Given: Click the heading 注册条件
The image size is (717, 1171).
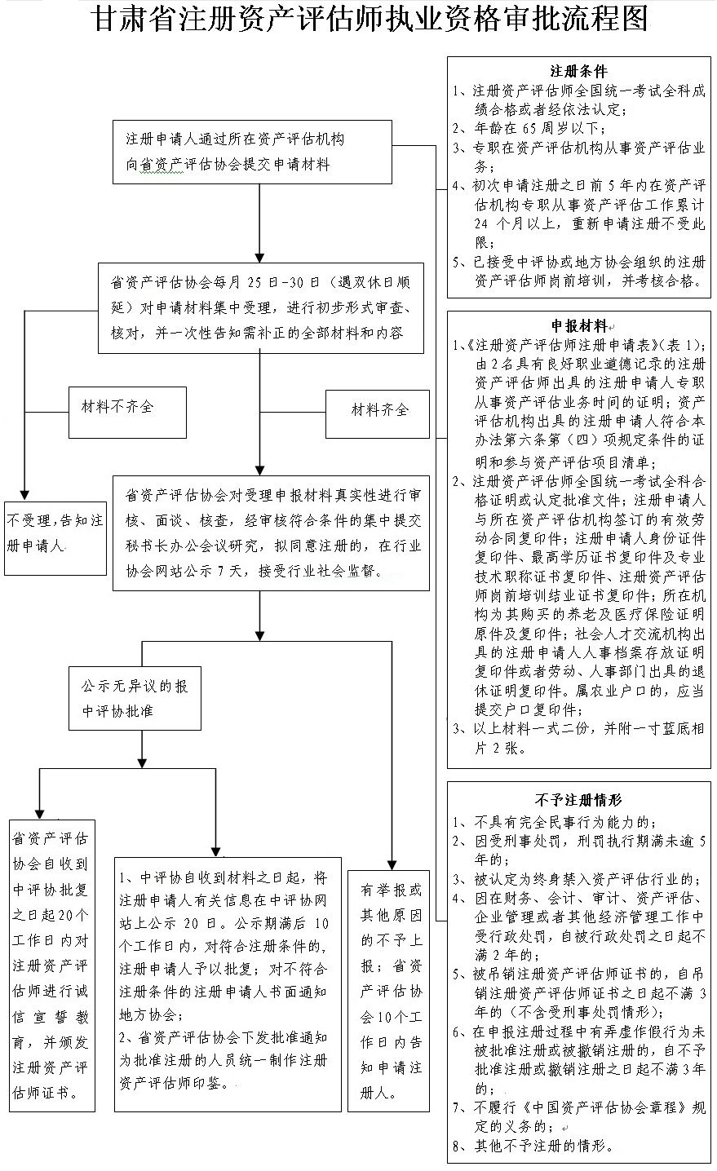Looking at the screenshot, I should click(x=578, y=72).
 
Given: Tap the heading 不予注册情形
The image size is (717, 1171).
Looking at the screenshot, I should click(x=578, y=801).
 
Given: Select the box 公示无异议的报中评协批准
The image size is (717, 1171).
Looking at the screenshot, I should click(x=134, y=699).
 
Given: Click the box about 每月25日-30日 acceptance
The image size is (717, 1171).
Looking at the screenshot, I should click(x=261, y=308).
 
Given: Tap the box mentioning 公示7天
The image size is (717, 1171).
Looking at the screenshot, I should click(x=271, y=532).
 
